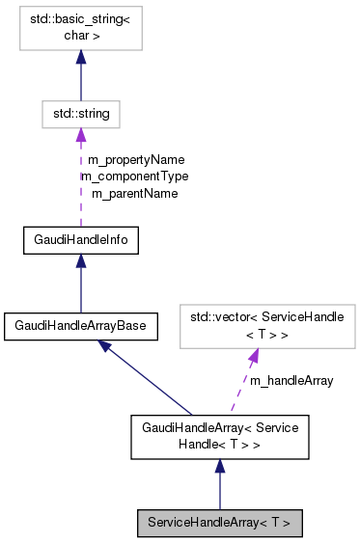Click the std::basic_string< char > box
tap(80, 33)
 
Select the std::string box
tap(80, 114)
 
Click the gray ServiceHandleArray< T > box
tap(219, 524)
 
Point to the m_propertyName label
tap(135, 159)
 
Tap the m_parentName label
tap(134, 193)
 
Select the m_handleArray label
tap(291, 381)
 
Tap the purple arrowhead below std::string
tap(80, 136)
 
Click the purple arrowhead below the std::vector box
tap(253, 356)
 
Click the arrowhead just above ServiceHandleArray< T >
tap(219, 467)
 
